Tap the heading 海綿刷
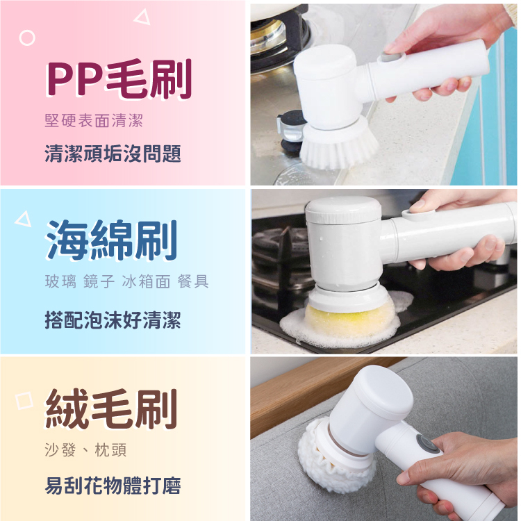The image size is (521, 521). [111, 240]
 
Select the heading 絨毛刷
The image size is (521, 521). [111, 408]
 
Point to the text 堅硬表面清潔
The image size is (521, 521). [94, 120]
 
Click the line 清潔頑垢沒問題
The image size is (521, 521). [113, 154]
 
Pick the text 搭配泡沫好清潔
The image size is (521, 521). [113, 320]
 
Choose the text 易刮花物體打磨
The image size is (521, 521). [113, 486]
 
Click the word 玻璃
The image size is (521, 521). [60, 281]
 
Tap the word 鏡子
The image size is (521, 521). [99, 281]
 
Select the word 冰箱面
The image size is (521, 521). [146, 281]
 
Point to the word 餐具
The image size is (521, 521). [193, 281]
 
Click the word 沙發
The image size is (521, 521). [60, 450]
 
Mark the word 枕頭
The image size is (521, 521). [110, 450]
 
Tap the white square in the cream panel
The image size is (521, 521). [24, 400]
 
